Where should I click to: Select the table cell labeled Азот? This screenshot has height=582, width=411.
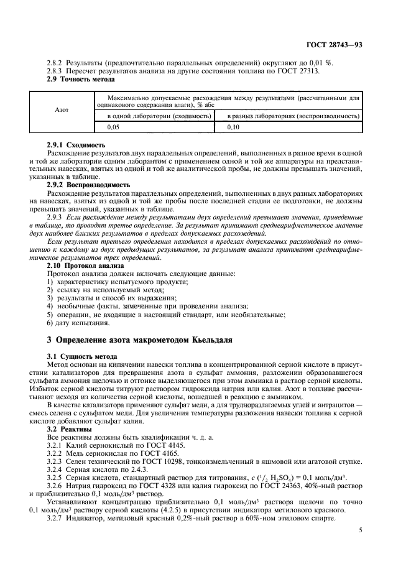pos(62,109)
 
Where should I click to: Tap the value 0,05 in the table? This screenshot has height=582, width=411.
pos(114,127)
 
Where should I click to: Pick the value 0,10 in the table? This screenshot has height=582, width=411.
pos(234,127)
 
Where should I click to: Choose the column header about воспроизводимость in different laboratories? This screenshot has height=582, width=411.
pos(293,116)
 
